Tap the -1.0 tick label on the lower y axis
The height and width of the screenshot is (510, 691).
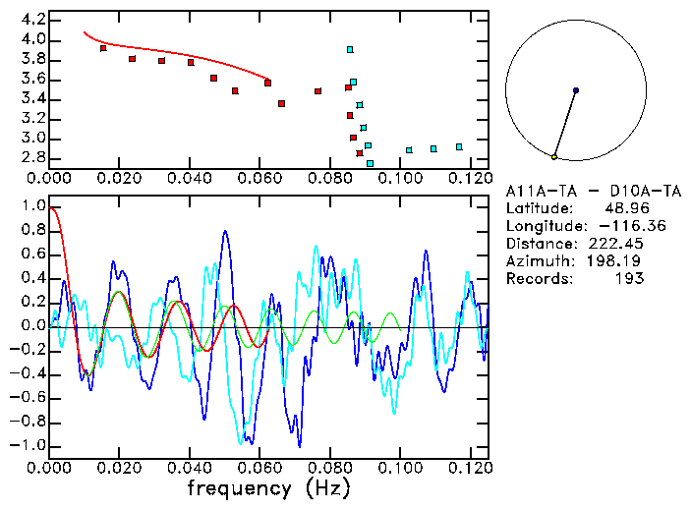tap(29, 445)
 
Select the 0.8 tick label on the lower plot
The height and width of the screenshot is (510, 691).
tap(32, 231)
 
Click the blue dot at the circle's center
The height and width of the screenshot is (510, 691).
tap(576, 90)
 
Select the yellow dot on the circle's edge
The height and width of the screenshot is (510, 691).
tap(554, 157)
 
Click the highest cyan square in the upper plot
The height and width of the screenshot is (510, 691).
tap(349, 49)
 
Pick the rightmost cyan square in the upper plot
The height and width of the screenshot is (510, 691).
tap(459, 146)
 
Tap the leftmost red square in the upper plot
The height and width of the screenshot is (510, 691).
tap(103, 48)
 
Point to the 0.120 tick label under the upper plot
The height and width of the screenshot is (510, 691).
tap(470, 179)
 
